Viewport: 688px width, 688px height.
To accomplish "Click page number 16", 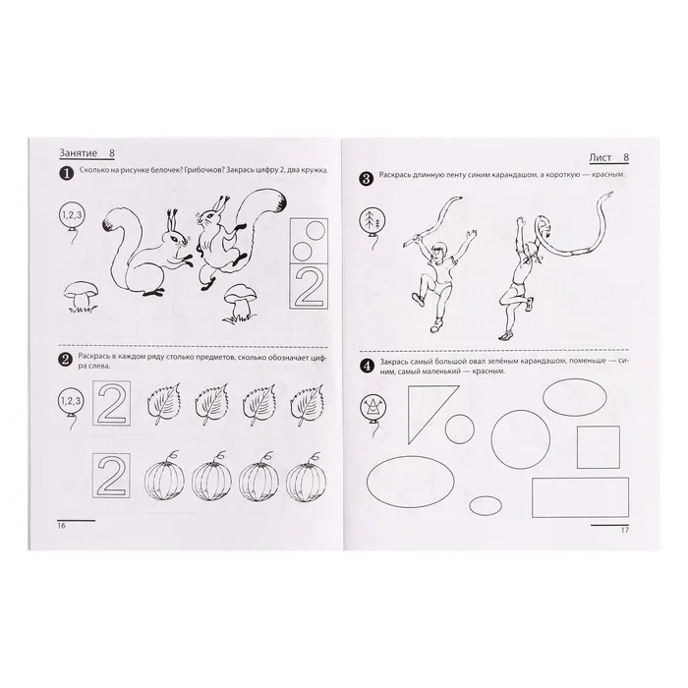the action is [x=61, y=525].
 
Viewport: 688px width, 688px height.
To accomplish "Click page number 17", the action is [x=625, y=530].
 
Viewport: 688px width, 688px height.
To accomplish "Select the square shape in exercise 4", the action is [x=598, y=447].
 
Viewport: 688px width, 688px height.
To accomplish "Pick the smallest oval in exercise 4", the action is [x=486, y=505].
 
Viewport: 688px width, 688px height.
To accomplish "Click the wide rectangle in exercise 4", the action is [x=580, y=497].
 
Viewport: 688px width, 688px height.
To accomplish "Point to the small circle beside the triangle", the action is [x=459, y=429].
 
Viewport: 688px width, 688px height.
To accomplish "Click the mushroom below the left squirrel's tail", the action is [x=81, y=296].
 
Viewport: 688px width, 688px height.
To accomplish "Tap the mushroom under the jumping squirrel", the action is [x=240, y=303].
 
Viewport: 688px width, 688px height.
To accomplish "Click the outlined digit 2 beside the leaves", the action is [x=111, y=403].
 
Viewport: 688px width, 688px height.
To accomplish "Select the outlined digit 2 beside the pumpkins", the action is [x=111, y=475].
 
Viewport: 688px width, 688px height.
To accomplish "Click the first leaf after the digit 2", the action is [x=163, y=404].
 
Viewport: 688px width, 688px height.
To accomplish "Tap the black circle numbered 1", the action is [x=66, y=174].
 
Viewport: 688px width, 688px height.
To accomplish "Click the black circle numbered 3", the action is [x=367, y=179].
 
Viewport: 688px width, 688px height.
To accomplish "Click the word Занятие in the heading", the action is [x=78, y=153].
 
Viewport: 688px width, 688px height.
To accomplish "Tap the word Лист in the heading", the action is [x=601, y=157].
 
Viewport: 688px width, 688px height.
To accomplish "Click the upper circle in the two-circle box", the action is [x=315, y=230].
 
